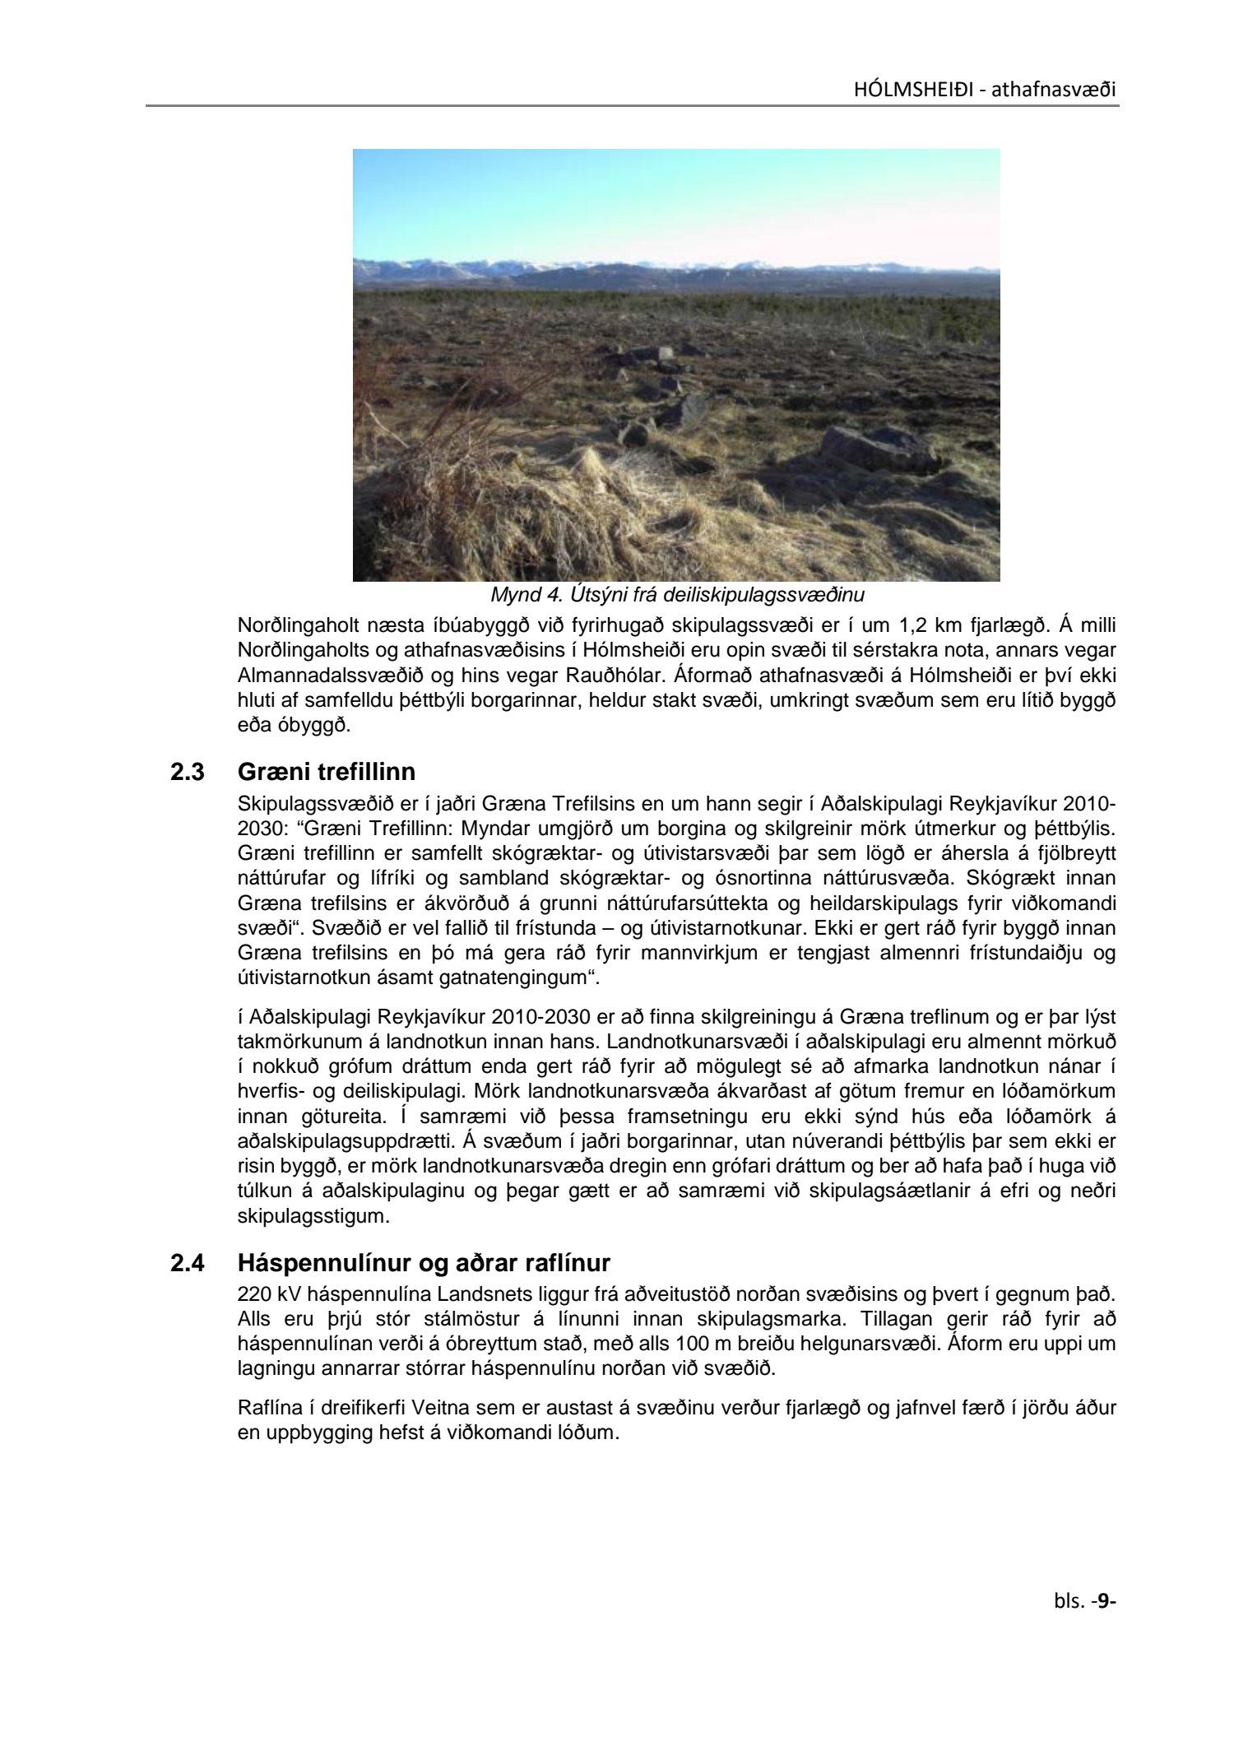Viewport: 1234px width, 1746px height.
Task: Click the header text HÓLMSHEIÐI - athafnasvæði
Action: coord(985,89)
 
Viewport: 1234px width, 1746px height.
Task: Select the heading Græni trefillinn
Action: coord(326,773)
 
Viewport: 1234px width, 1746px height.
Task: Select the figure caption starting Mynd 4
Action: coord(677,593)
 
